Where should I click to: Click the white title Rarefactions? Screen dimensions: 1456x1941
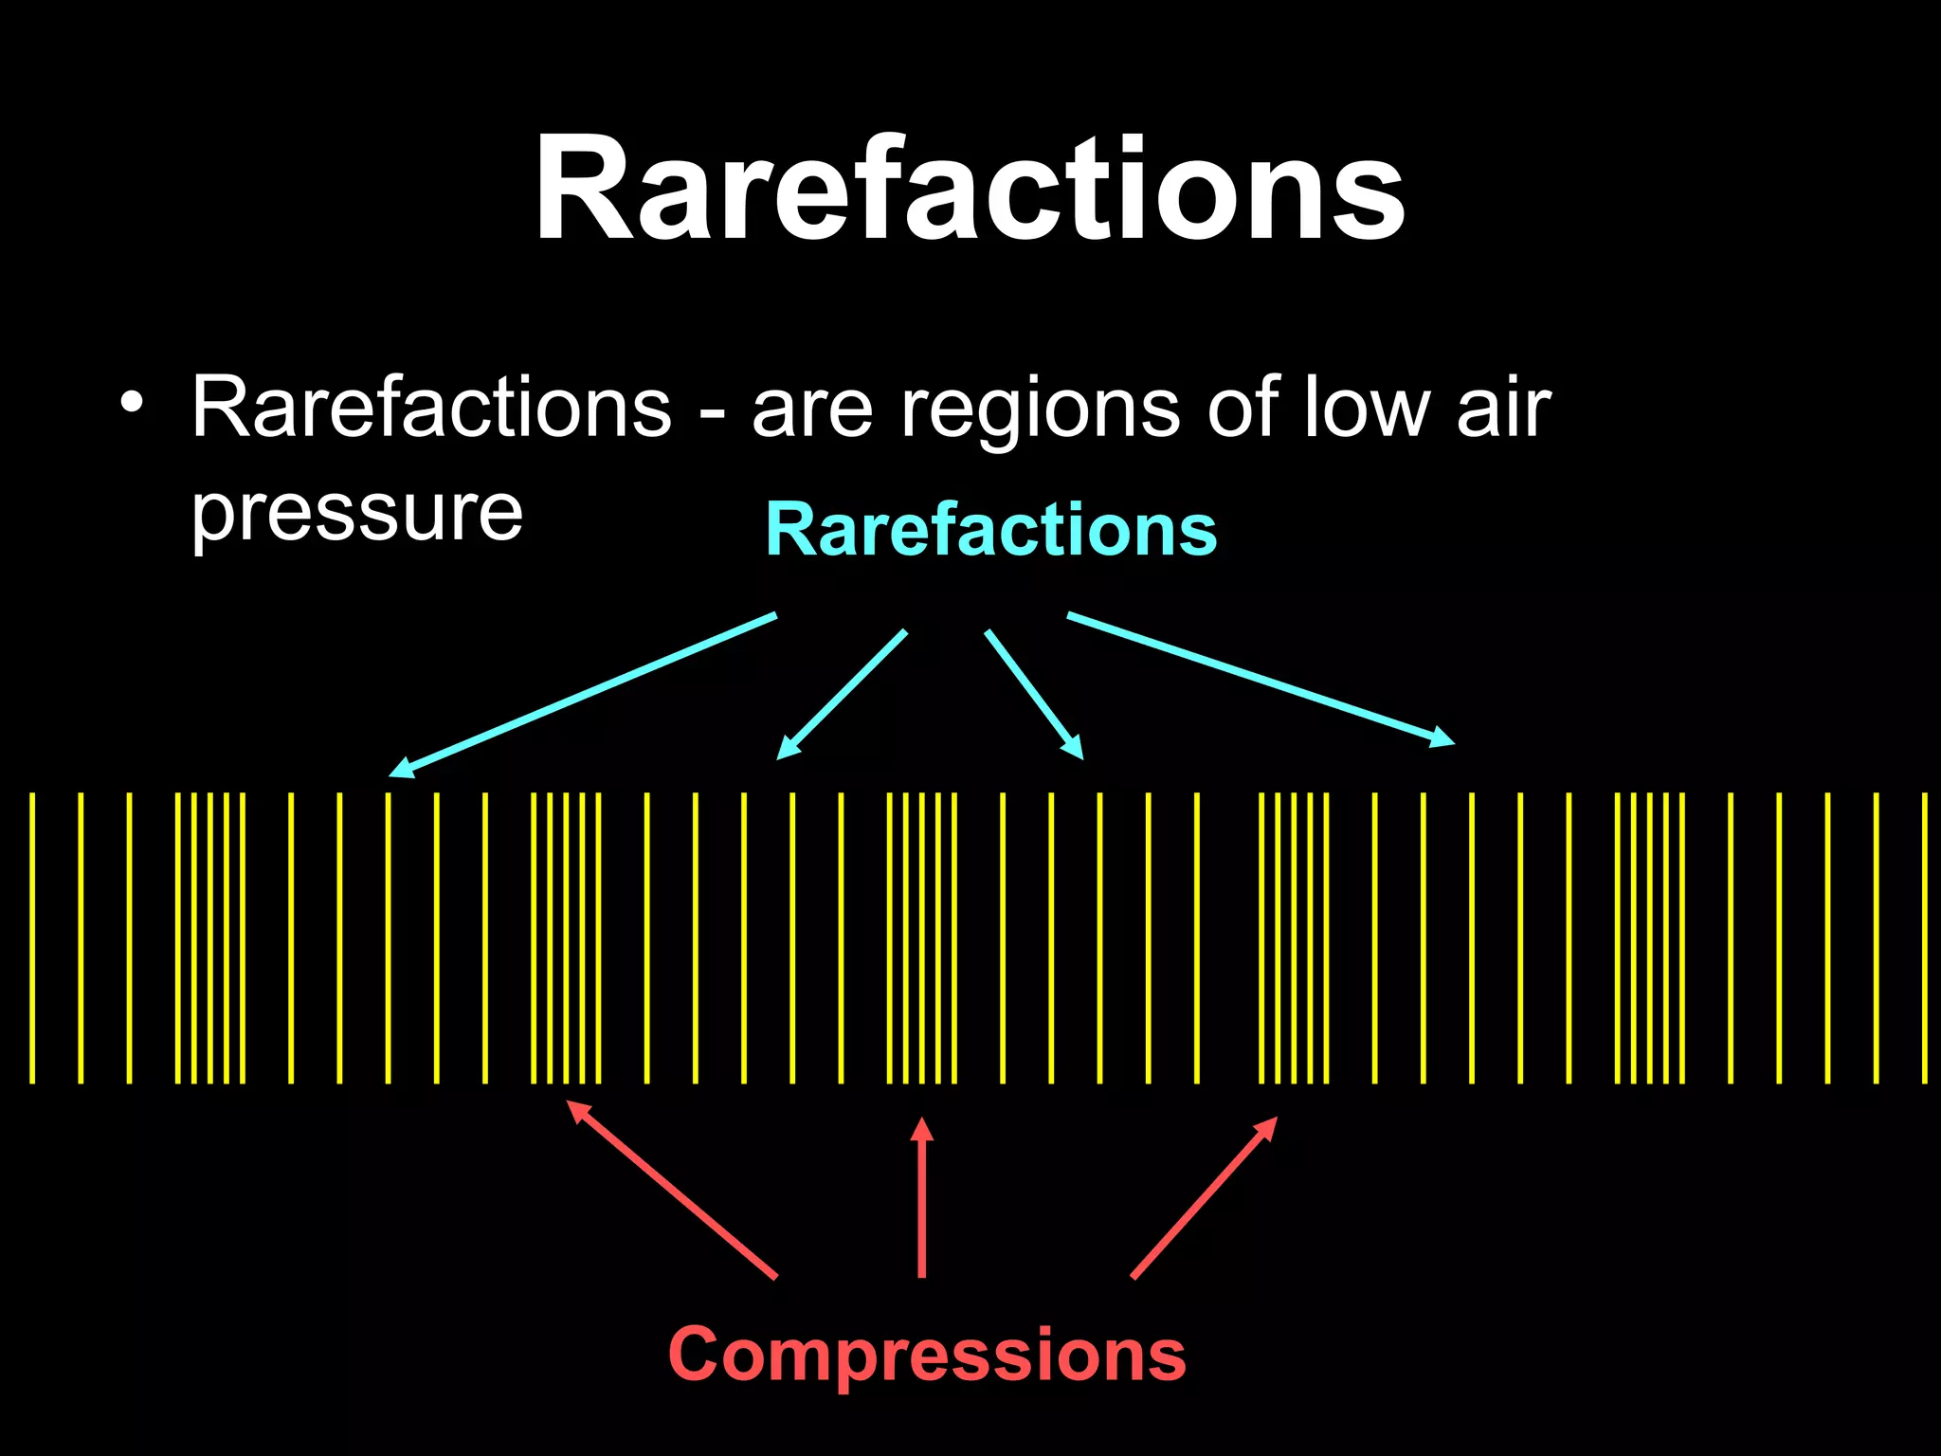(969, 190)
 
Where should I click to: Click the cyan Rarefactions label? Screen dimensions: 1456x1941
(990, 529)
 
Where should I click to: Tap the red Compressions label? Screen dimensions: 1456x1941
(927, 1354)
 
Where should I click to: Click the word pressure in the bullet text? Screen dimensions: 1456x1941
(356, 514)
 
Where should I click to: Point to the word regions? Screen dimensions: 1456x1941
(1040, 409)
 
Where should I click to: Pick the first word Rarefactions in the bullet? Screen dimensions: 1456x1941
(431, 408)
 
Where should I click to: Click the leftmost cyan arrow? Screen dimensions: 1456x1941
(583, 695)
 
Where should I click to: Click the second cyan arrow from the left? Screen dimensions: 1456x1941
(842, 695)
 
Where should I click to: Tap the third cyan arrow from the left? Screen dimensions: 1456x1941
(1034, 694)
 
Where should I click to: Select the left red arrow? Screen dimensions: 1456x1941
(671, 1189)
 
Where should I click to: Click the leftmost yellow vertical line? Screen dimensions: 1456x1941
(32, 937)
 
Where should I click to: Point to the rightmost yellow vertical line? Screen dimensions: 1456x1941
(1924, 937)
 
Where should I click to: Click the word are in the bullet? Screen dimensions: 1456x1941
(811, 409)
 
